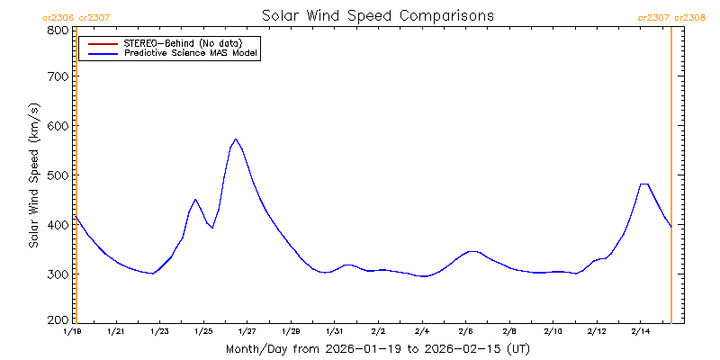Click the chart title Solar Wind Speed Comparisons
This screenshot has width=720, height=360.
[x=377, y=16]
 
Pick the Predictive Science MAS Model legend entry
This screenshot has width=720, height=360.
[x=191, y=54]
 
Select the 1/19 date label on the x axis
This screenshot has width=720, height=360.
[x=72, y=332]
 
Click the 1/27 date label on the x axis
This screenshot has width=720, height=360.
[x=247, y=332]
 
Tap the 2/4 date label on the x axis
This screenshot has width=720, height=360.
[x=422, y=332]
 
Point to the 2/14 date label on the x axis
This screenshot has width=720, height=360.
[x=641, y=332]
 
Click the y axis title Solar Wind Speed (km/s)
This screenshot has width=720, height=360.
[x=33, y=175]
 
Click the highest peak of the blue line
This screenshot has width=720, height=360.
[x=236, y=139]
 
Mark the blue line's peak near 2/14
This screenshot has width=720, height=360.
[x=643, y=184]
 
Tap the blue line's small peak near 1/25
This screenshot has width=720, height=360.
[x=195, y=199]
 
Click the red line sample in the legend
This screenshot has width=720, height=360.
[x=101, y=42]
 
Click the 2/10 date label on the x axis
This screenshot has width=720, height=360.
[x=553, y=332]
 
